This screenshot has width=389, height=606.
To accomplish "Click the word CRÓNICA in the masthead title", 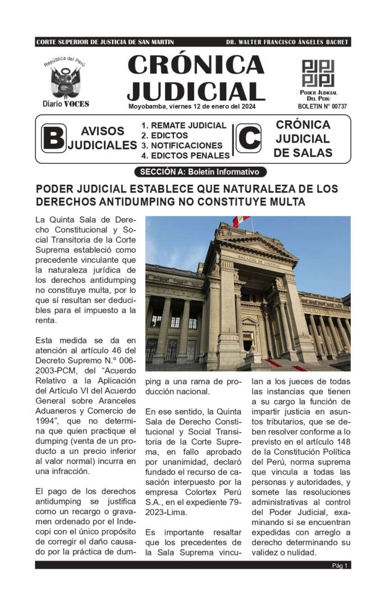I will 196,65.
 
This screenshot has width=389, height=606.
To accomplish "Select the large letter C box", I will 248,138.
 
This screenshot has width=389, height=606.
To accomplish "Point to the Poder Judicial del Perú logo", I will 318,74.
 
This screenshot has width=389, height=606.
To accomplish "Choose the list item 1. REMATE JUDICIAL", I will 184,126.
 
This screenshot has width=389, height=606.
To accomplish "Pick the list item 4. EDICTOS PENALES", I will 185,155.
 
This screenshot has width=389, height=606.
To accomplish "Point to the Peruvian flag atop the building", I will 241,221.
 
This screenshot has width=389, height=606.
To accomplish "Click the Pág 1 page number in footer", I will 340,566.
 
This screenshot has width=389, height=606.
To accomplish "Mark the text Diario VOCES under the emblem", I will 66,104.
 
